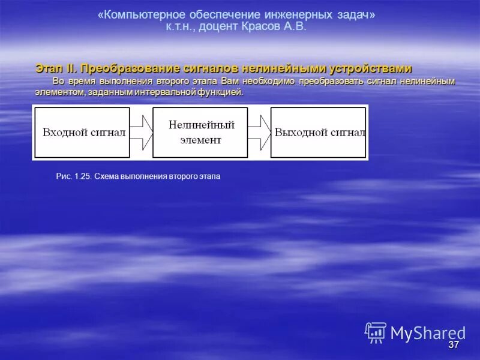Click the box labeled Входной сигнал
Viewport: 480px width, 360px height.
click(x=82, y=133)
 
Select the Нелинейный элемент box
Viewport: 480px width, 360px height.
click(x=200, y=133)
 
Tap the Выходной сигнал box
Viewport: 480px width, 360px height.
click(x=318, y=133)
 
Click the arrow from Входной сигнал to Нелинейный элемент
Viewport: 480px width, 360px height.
click(x=142, y=133)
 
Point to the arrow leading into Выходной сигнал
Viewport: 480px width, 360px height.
click(x=259, y=133)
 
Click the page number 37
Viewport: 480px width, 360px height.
click(x=454, y=345)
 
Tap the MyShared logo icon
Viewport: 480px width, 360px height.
click(x=376, y=332)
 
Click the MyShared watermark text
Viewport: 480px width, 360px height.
click(x=427, y=333)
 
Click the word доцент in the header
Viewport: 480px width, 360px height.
click(x=218, y=26)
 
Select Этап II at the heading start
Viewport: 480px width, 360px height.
click(x=56, y=69)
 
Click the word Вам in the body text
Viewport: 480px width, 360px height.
click(x=230, y=81)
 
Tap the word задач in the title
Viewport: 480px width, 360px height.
click(x=353, y=14)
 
